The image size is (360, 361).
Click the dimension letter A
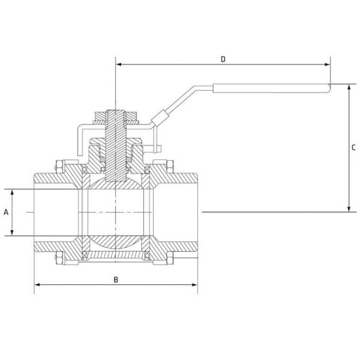coord(6,212)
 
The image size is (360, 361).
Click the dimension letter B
coord(116,279)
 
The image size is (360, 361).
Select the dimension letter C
coord(353,147)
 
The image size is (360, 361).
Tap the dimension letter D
coord(223,59)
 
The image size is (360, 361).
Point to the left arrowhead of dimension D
coord(119,64)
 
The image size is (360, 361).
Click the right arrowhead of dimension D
coord(327,64)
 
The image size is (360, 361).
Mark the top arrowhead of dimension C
coord(349,87)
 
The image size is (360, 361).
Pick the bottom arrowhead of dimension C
coord(349,209)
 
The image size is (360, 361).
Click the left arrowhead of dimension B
coord(37,285)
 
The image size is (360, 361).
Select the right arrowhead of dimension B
coord(194,285)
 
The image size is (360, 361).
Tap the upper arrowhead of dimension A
coord(13,192)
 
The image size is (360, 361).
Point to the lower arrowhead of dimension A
coord(13,232)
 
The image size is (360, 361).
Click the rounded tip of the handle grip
coord(329,88)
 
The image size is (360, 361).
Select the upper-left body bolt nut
coord(59,167)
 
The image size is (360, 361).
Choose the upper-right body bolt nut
coord(170,167)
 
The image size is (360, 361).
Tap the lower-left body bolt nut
coord(59,258)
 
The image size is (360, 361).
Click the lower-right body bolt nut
coord(170,258)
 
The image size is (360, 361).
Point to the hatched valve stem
coord(116,146)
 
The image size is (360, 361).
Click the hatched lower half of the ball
coord(115,242)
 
